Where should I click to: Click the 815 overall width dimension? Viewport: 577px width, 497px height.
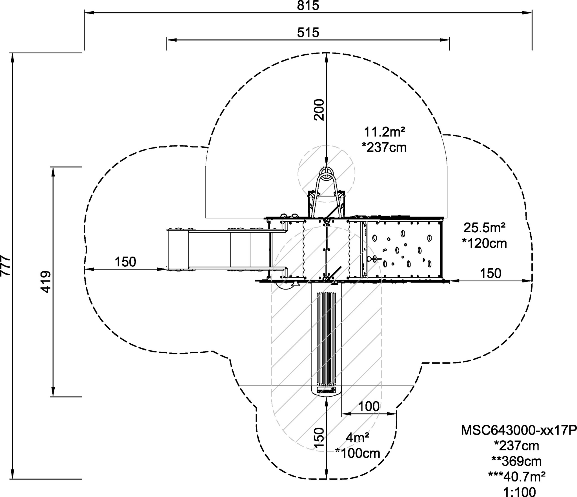(x=308, y=6)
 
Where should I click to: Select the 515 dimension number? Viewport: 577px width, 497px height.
(x=308, y=33)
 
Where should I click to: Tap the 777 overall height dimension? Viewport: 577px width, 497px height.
(x=6, y=266)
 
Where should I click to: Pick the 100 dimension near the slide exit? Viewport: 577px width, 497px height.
(x=369, y=406)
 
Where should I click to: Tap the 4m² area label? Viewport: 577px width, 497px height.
(x=358, y=437)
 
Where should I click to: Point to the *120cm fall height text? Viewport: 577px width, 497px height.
(x=484, y=243)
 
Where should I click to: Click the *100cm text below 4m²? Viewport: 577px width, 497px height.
(x=358, y=453)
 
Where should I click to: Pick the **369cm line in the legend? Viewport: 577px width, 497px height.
(x=517, y=461)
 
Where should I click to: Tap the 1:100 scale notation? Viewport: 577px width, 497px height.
(x=520, y=491)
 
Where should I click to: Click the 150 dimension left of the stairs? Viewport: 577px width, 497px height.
(x=125, y=262)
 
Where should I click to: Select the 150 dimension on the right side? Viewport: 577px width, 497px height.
(x=491, y=273)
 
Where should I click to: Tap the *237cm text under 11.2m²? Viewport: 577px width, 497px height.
(x=385, y=147)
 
